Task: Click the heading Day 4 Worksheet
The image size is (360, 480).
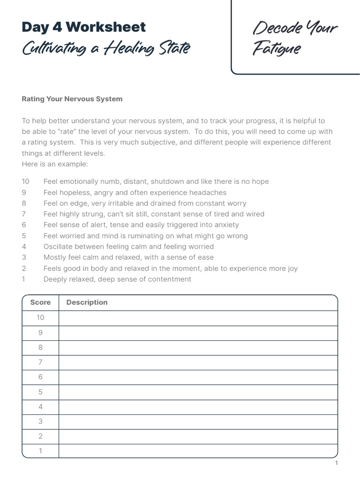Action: click(x=84, y=27)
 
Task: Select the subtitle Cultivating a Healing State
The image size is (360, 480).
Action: click(x=106, y=48)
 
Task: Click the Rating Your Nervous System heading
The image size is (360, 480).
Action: click(x=72, y=99)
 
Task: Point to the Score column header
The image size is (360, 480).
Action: click(x=40, y=302)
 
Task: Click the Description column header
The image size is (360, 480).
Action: click(x=87, y=302)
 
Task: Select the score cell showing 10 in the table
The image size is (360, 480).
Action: click(x=40, y=318)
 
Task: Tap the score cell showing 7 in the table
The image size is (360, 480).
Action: click(x=40, y=362)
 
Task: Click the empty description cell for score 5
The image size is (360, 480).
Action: click(x=198, y=392)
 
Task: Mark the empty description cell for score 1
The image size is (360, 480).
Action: click(x=198, y=451)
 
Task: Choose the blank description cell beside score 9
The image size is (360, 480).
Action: click(x=198, y=333)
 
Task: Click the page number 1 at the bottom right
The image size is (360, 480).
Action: click(x=336, y=463)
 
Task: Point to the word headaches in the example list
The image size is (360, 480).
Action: click(x=208, y=193)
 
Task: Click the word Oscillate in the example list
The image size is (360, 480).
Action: click(x=58, y=247)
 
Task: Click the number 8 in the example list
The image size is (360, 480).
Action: click(x=24, y=203)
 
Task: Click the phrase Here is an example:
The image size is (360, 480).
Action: click(x=54, y=164)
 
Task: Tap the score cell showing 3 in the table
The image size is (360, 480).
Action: click(x=40, y=421)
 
